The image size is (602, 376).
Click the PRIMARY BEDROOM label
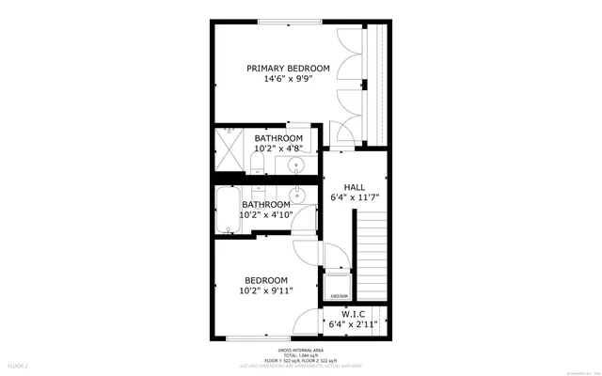click(x=288, y=69)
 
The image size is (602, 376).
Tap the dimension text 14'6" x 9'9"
click(x=288, y=80)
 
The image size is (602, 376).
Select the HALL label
click(x=354, y=186)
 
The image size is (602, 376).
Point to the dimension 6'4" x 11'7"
click(x=354, y=197)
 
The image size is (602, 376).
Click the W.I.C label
click(x=354, y=314)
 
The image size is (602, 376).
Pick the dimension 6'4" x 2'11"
click(x=354, y=325)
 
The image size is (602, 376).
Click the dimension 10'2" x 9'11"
click(x=266, y=290)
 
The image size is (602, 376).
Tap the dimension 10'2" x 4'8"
click(x=278, y=149)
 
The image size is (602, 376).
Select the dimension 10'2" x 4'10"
click(x=266, y=214)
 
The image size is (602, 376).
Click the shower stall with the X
click(x=230, y=147)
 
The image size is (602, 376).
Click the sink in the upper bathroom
click(x=297, y=166)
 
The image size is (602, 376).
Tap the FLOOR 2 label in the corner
click(x=19, y=364)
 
